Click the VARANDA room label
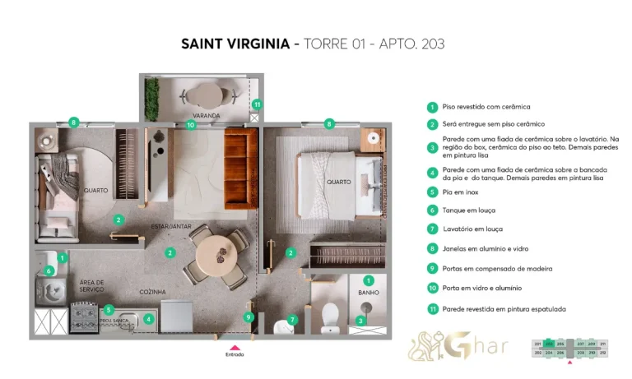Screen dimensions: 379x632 click(x=206, y=115)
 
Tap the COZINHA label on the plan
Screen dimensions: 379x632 click(x=153, y=291)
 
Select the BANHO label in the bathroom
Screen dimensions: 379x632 click(x=368, y=292)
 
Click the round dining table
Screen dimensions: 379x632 click(x=214, y=247)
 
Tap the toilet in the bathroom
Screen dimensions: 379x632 click(x=330, y=316)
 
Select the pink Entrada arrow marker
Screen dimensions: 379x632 click(x=235, y=346)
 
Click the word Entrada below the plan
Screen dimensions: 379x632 click(x=235, y=355)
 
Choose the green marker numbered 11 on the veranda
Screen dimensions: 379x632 click(x=258, y=104)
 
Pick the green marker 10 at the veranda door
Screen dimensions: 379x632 click(x=190, y=125)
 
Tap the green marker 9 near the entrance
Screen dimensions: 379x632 click(x=249, y=317)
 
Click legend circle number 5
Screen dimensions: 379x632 click(x=431, y=192)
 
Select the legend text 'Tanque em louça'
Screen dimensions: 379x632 click(x=472, y=210)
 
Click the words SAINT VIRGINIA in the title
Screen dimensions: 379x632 click(x=234, y=44)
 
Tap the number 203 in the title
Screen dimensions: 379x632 click(x=430, y=44)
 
